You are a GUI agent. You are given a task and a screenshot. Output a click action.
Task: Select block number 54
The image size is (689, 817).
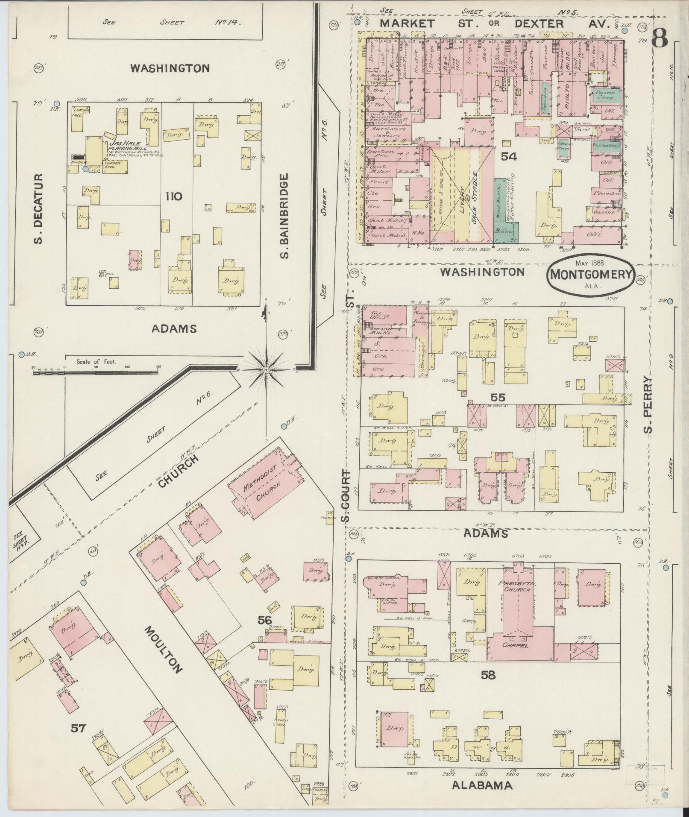pyautogui.click(x=509, y=157)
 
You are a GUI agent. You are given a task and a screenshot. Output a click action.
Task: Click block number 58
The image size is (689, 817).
pyautogui.click(x=488, y=687)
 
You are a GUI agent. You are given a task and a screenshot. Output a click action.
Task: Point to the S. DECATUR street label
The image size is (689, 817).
pyautogui.click(x=39, y=208)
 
